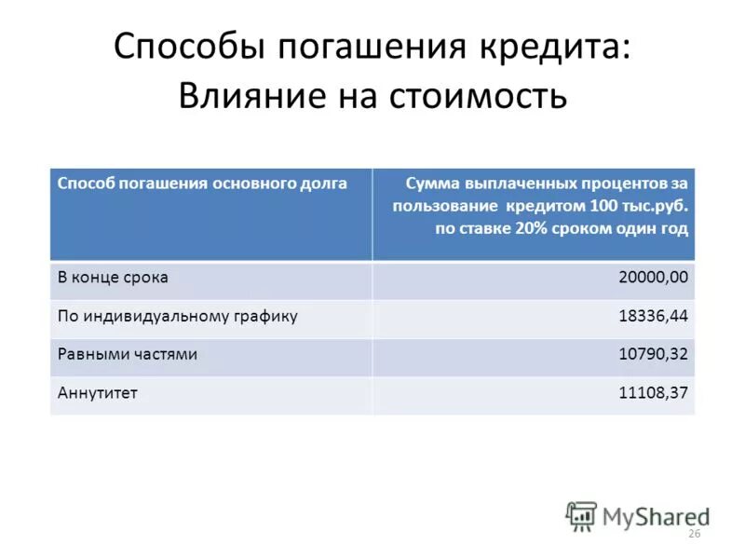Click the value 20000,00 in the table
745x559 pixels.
click(653, 278)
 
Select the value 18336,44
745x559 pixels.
click(653, 316)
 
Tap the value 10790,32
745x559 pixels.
click(653, 354)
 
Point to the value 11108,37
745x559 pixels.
click(653, 393)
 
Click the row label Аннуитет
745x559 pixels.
click(98, 393)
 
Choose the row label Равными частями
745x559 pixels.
click(128, 354)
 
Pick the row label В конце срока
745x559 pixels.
click(113, 278)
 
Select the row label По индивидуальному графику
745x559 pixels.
click(178, 316)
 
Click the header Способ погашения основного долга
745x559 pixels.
click(202, 184)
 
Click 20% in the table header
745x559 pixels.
click(521, 228)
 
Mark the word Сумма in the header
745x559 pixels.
click(429, 184)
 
